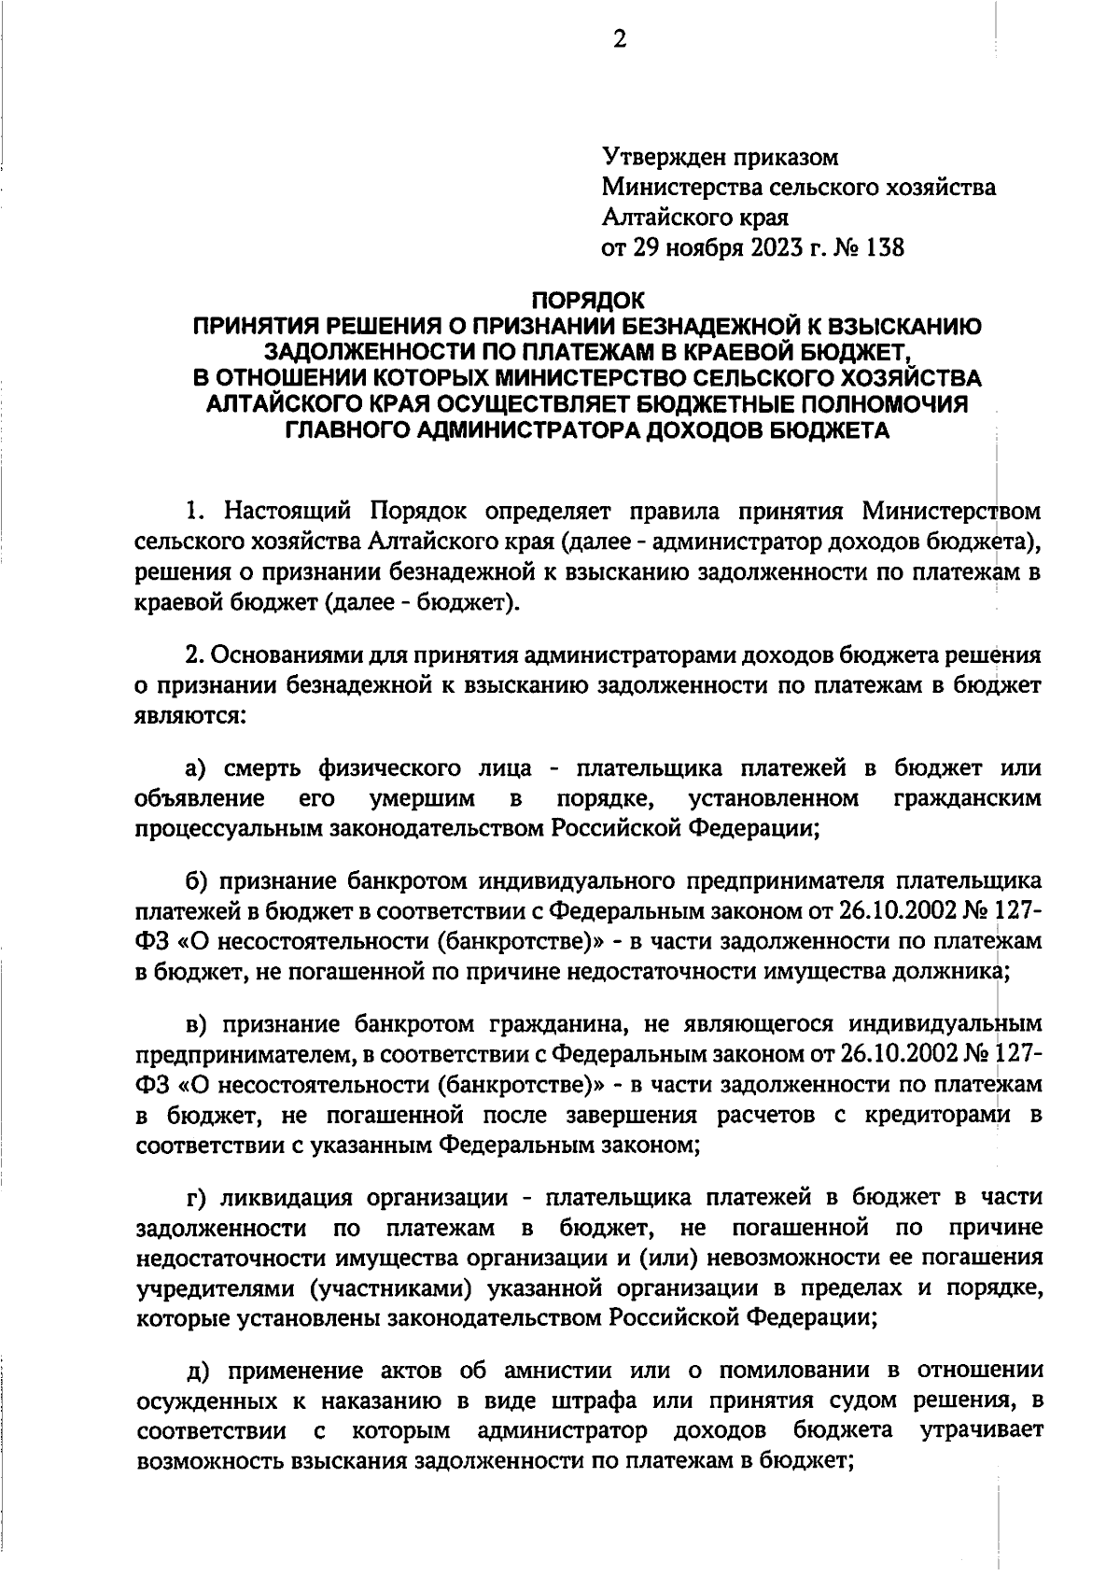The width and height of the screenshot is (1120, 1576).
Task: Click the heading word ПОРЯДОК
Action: [x=587, y=301]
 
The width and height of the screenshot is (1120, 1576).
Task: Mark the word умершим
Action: [x=423, y=799]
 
